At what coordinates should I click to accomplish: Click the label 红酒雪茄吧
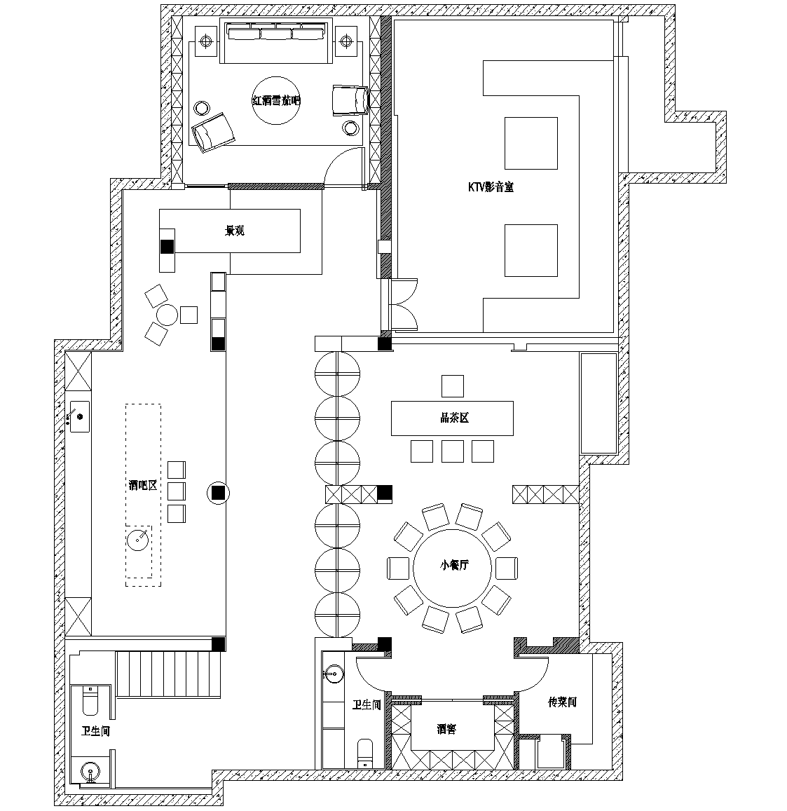click(x=276, y=101)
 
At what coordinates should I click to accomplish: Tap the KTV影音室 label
click(x=491, y=187)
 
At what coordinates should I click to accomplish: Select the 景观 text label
click(x=235, y=231)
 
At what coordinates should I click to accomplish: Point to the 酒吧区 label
click(x=143, y=485)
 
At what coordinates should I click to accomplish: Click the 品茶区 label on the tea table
click(x=455, y=418)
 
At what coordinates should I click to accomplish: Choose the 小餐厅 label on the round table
click(x=455, y=565)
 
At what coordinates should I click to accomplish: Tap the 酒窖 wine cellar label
click(x=446, y=729)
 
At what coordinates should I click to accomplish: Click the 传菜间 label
click(x=562, y=702)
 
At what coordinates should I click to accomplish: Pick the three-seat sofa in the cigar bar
click(x=276, y=41)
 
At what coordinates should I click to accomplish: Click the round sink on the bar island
click(x=137, y=540)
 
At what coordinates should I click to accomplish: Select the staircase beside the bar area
click(x=169, y=674)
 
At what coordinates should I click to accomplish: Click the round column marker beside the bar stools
click(x=218, y=493)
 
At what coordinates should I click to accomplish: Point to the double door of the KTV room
click(x=404, y=305)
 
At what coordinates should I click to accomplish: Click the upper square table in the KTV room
click(x=531, y=143)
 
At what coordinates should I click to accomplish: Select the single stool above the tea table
click(x=453, y=386)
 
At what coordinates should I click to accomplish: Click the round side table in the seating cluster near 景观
click(x=167, y=315)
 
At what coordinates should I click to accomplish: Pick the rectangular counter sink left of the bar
click(x=78, y=416)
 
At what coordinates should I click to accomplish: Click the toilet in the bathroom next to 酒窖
click(x=365, y=753)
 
